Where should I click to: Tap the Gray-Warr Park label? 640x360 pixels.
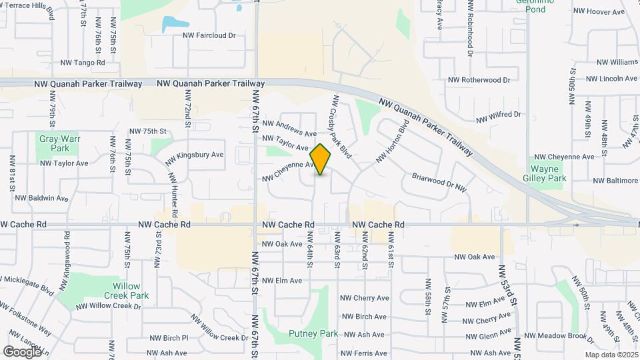pyautogui.click(x=55, y=143)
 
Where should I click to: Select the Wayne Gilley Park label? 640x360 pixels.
pyautogui.click(x=548, y=173)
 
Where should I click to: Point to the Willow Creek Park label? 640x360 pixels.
pyautogui.click(x=126, y=290)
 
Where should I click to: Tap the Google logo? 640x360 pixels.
pyautogui.click(x=22, y=351)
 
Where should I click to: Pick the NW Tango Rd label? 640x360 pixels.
pyautogui.click(x=83, y=63)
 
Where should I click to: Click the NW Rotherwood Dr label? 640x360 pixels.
pyautogui.click(x=479, y=80)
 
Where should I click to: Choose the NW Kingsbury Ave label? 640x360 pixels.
pyautogui.click(x=195, y=155)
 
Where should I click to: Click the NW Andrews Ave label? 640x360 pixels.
pyautogui.click(x=289, y=128)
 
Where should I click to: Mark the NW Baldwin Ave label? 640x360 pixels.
pyautogui.click(x=41, y=198)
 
